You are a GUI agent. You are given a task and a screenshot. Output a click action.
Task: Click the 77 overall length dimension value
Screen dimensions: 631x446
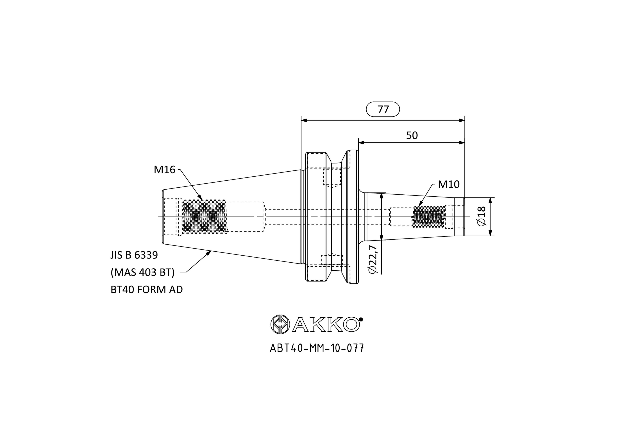click(383, 109)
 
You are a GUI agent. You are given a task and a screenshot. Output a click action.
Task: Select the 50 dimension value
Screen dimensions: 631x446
click(412, 135)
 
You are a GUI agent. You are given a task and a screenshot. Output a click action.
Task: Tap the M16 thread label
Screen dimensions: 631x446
click(164, 170)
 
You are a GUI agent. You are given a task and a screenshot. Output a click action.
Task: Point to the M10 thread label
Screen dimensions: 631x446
click(448, 184)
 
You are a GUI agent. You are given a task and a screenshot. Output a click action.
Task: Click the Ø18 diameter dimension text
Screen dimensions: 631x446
click(482, 217)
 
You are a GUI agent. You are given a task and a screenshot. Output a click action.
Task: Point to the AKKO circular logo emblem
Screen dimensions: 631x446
click(279, 324)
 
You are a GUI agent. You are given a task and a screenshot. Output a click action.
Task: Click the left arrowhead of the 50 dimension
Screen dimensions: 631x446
click(361, 143)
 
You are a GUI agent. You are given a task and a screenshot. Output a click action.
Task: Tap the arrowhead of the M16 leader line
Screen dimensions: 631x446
click(200, 198)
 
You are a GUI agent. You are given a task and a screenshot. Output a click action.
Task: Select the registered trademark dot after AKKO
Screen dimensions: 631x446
click(361, 319)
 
